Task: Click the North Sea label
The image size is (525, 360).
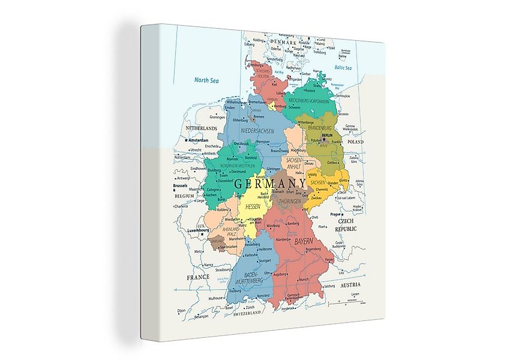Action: point(205,80)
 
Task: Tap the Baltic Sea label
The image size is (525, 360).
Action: point(343,68)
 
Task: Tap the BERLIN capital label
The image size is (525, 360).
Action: point(327,136)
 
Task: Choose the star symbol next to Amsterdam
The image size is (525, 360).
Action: point(186,140)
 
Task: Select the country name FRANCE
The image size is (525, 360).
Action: point(198,278)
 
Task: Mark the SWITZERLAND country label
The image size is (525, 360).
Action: point(248,313)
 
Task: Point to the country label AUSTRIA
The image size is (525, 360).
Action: point(352,286)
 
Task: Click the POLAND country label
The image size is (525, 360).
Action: point(356,142)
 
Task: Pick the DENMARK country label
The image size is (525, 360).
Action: point(283,41)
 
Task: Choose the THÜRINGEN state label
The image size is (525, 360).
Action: point(289,202)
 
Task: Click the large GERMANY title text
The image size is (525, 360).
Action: point(270,183)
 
